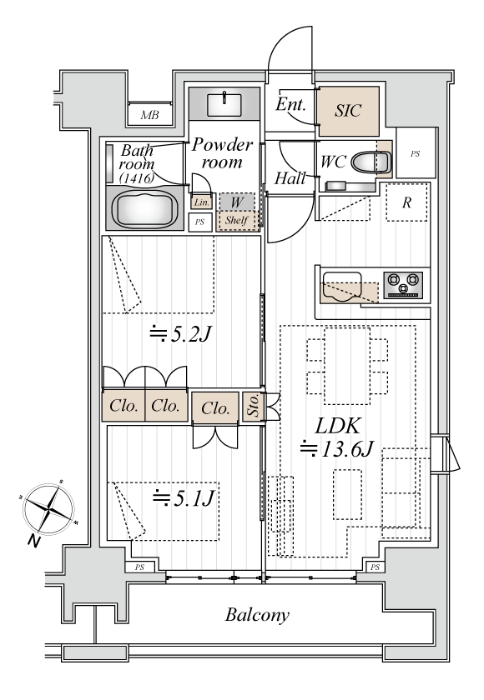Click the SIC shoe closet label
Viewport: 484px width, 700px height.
[348, 111]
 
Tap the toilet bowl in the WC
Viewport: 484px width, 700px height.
[371, 162]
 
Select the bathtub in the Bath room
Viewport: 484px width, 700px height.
[145, 209]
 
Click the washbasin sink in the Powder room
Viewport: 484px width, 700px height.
[224, 104]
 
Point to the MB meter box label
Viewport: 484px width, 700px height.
[149, 116]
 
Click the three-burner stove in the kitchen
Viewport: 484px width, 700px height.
[403, 285]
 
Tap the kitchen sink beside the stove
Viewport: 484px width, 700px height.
[342, 287]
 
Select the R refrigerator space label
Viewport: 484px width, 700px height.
[406, 203]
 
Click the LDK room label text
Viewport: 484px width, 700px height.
[337, 427]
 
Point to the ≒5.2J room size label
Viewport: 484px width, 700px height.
[180, 333]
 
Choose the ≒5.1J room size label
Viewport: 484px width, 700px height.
[184, 498]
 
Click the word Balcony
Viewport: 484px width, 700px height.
[257, 615]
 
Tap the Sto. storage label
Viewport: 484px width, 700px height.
[254, 406]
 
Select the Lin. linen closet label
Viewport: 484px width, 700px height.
[202, 202]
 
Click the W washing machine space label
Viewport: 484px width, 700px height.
[237, 202]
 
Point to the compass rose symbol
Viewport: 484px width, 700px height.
[48, 508]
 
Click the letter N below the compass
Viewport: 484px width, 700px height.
[33, 541]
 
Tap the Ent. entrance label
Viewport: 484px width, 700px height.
[291, 104]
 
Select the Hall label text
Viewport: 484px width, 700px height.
[290, 178]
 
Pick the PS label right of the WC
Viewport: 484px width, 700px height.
[416, 154]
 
